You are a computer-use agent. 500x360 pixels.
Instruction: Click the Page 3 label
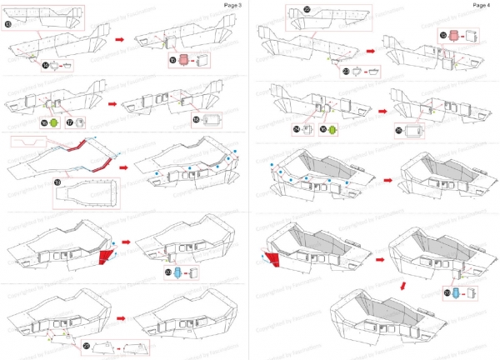click(x=233, y=5)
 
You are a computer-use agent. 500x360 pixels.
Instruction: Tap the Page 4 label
click(x=482, y=5)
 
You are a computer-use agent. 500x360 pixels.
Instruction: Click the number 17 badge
click(x=69, y=122)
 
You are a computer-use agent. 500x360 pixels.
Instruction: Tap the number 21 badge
click(x=87, y=345)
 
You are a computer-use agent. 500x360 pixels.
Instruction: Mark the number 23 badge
click(x=346, y=72)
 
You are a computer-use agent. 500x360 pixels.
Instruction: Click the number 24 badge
click(x=297, y=130)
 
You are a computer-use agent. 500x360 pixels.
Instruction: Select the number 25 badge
click(x=399, y=132)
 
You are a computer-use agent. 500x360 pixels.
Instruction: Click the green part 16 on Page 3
click(x=54, y=123)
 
